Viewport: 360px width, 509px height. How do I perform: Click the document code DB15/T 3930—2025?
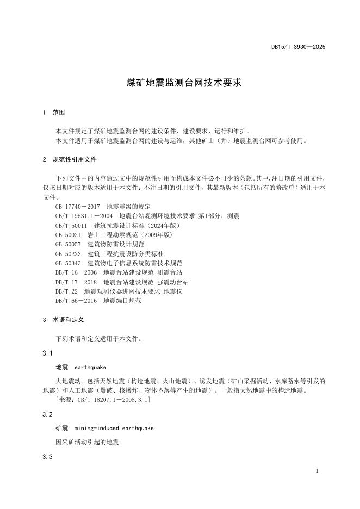[298, 47]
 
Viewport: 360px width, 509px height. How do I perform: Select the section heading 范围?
[58, 113]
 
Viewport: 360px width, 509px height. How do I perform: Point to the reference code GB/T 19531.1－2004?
[84, 216]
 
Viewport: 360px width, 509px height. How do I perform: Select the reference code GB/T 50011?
[71, 225]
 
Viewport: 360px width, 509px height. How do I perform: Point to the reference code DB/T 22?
[66, 291]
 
